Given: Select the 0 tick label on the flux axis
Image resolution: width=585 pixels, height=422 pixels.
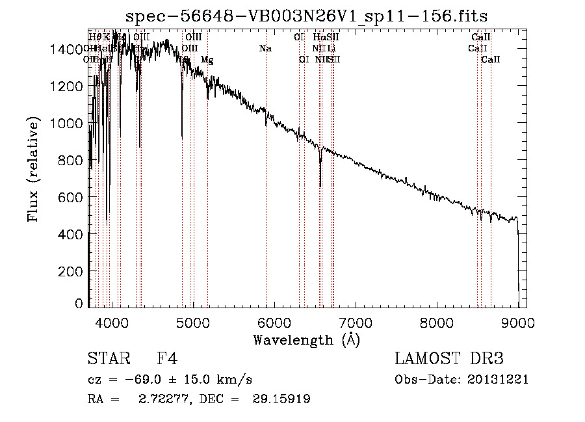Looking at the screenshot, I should [79, 304].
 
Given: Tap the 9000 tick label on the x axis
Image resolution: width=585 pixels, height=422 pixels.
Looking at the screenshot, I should [518, 322].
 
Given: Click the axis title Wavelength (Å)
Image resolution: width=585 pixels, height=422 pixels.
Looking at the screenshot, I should [306, 339].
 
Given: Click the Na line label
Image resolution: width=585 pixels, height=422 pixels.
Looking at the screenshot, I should [265, 48].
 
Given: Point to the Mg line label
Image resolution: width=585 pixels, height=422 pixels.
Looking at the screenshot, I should [207, 60].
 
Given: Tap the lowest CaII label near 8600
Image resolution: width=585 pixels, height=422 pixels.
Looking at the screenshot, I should [490, 60].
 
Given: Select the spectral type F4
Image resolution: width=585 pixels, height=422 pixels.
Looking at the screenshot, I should [167, 360].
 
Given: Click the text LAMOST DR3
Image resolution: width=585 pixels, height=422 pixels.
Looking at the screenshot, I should [449, 360].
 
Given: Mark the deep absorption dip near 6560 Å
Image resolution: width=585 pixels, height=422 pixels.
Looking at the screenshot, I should [320, 185].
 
